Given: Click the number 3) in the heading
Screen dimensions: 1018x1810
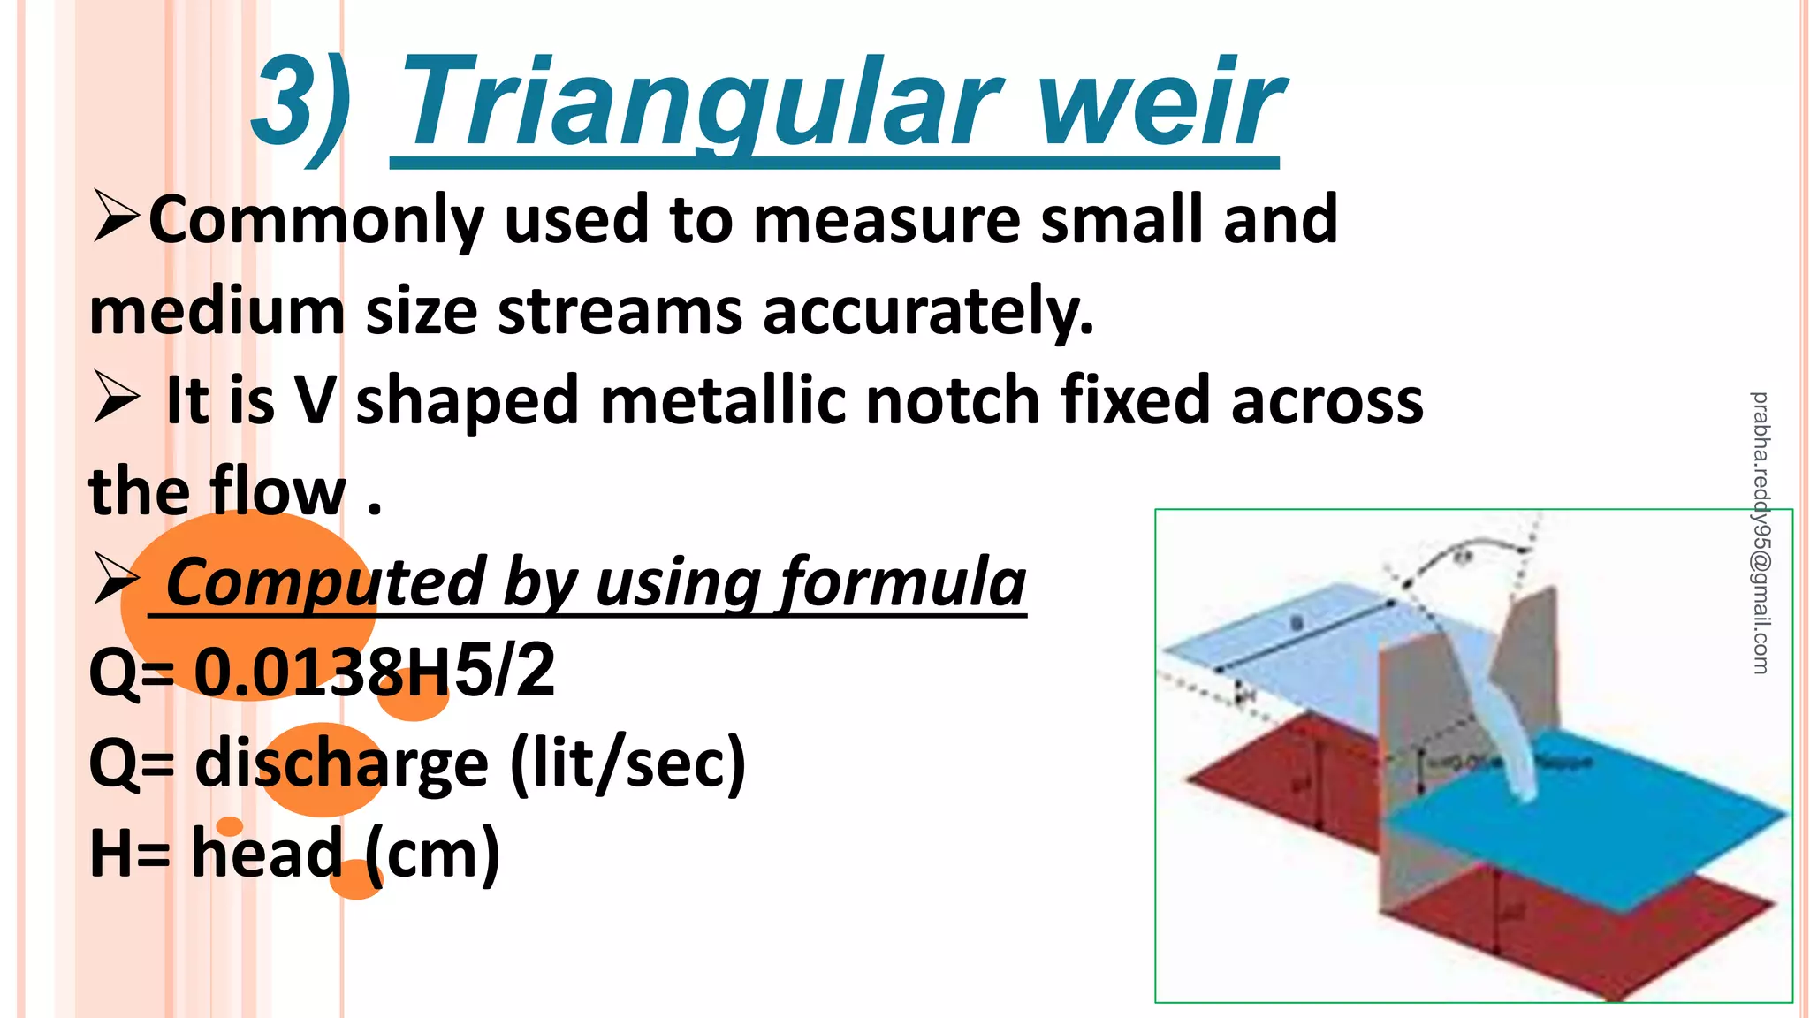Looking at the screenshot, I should pos(300,104).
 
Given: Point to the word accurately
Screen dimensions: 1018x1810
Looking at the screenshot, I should pos(928,312).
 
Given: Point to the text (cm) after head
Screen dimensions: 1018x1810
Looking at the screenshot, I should pos(433,855).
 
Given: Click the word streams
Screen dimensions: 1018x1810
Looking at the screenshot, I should pos(620,312).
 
